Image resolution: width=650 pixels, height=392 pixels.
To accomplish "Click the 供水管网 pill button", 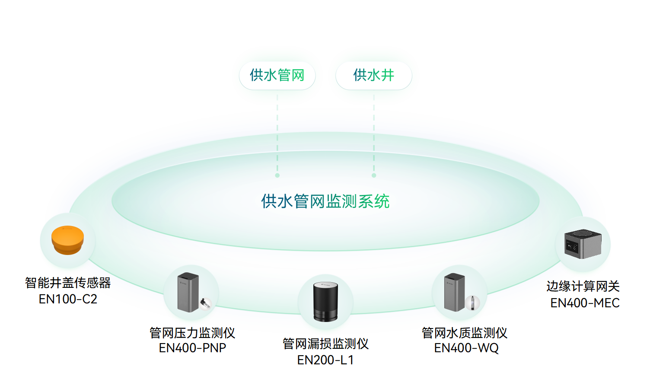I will (277, 76).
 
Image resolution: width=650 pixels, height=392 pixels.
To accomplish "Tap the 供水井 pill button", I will (373, 76).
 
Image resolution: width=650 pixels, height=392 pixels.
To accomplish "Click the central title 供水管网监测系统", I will (325, 201).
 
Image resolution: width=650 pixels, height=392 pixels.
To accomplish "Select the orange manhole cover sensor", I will (67, 240).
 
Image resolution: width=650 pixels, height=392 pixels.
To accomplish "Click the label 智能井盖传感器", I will (68, 283).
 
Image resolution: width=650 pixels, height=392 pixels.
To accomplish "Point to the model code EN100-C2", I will (68, 299).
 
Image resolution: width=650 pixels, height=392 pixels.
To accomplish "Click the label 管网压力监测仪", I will (192, 333).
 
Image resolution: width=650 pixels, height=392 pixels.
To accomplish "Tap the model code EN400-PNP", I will (192, 348).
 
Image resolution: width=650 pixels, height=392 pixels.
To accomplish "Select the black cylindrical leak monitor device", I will (325, 302).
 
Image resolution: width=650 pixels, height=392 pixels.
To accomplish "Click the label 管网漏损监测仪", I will (325, 344).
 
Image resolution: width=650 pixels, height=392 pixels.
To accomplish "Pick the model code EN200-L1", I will (325, 360).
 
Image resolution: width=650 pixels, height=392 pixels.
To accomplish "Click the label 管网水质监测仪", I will (464, 333).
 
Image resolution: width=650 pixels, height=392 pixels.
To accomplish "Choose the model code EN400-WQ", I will (466, 348).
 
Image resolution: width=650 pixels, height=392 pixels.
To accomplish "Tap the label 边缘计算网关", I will (583, 286).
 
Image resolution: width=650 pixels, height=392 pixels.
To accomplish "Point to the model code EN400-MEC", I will (585, 303).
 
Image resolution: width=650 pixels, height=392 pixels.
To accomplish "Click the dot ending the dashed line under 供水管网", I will (277, 175).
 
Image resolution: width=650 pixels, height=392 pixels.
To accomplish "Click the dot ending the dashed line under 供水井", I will (374, 175).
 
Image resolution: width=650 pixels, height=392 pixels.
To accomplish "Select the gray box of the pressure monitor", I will (188, 292).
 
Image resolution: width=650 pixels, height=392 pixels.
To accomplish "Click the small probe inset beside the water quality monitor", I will (472, 302).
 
